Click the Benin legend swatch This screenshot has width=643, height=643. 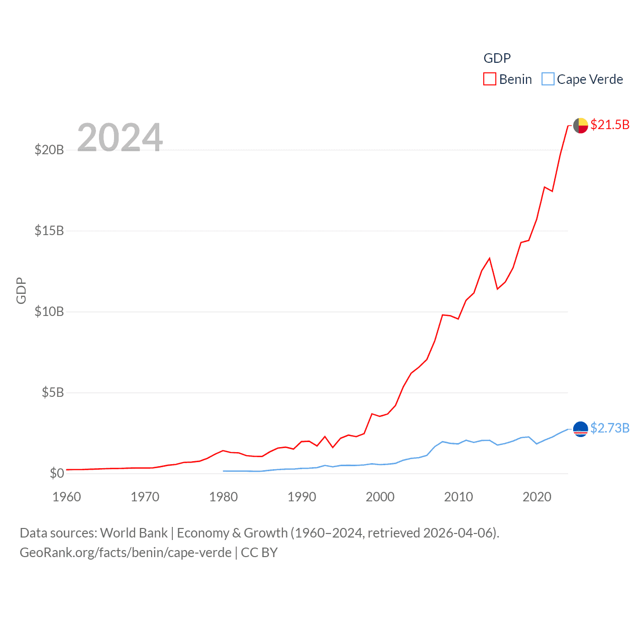click(x=490, y=79)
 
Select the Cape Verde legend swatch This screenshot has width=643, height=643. click(x=548, y=79)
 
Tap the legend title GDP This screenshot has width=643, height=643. click(x=497, y=58)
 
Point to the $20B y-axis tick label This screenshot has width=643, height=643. click(x=49, y=150)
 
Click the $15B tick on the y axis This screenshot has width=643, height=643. click(x=49, y=231)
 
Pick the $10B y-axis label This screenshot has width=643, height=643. click(x=49, y=311)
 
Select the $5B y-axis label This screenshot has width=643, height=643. click(x=53, y=392)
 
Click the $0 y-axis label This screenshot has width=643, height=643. click(x=57, y=473)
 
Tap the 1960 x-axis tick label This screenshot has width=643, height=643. click(x=67, y=497)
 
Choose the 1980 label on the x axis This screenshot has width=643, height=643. click(x=224, y=497)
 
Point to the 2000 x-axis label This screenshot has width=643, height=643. click(x=380, y=497)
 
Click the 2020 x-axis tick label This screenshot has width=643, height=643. click(x=537, y=497)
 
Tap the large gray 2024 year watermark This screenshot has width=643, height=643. click(x=120, y=137)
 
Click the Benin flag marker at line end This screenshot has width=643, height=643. click(x=581, y=126)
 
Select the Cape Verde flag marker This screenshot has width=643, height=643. click(x=581, y=429)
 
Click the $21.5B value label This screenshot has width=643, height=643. click(x=610, y=125)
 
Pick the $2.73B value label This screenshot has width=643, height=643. click(x=610, y=428)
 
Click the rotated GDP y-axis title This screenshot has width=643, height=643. click(x=21, y=290)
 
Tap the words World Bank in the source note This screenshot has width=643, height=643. click(x=134, y=533)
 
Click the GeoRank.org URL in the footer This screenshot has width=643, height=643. click(x=126, y=553)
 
